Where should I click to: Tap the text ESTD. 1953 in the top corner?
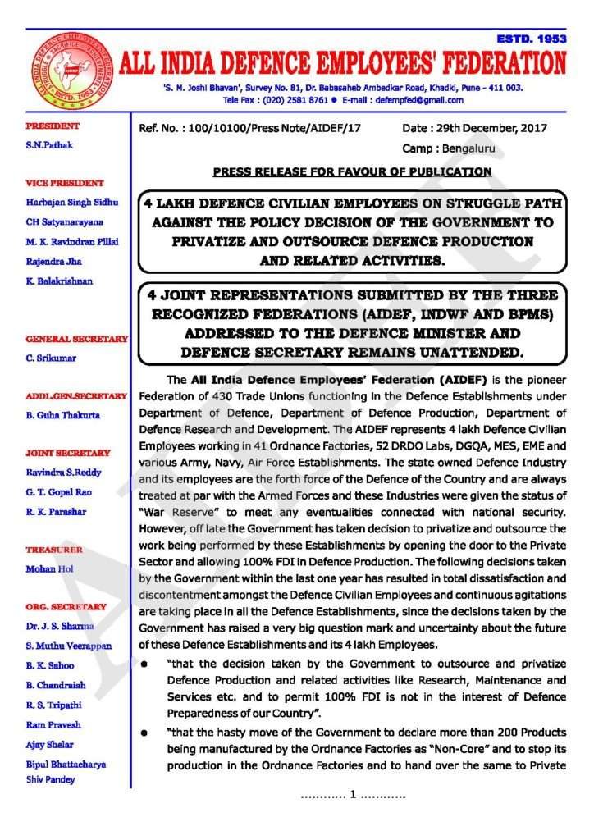531,39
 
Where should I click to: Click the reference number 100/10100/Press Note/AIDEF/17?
275,128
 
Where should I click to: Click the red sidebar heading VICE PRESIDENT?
65,183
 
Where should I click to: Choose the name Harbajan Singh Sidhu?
72,202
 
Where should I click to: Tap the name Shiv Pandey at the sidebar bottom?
54,779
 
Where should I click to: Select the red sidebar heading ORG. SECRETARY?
66,606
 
